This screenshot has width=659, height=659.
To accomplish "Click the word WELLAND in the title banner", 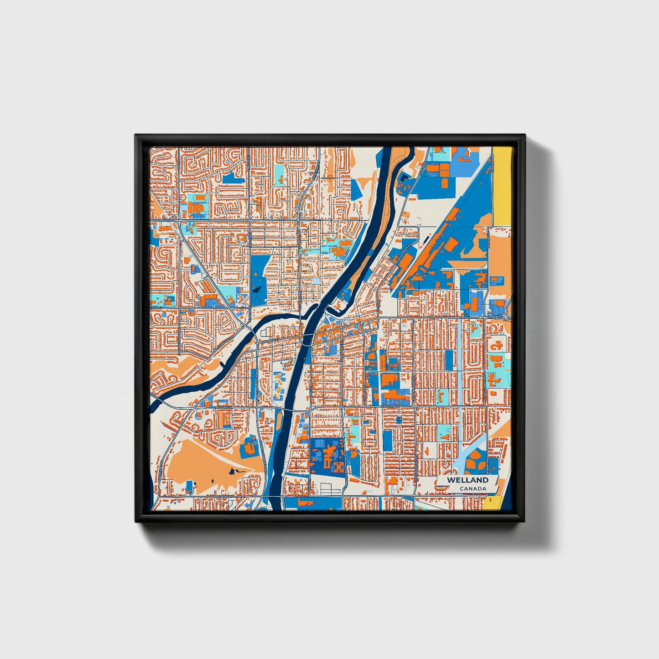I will pyautogui.click(x=467, y=480).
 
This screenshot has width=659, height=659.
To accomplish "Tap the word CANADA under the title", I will pyautogui.click(x=473, y=489).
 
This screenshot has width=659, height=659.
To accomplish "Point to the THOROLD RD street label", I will pyautogui.click(x=164, y=220).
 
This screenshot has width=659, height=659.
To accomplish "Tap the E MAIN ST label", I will pyautogui.click(x=494, y=316).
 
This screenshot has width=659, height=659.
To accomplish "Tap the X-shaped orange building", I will pyautogui.click(x=338, y=466).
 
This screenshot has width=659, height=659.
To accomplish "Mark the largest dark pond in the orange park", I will pyautogui.click(x=234, y=471).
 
